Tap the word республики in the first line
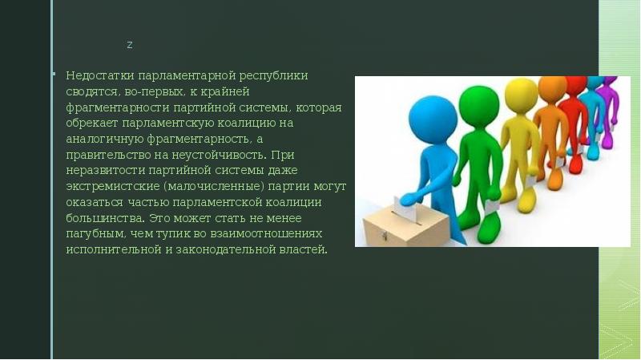[275, 75]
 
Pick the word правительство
[104, 155]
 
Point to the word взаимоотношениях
[269, 233]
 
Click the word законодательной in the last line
[248, 249]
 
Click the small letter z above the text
[130, 45]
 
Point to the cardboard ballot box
[400, 228]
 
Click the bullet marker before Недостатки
[54, 75]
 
